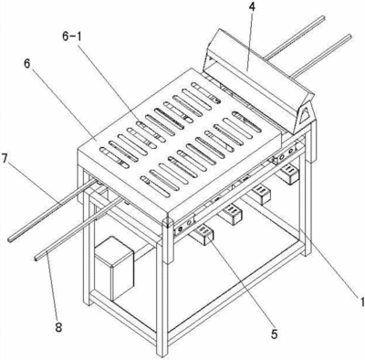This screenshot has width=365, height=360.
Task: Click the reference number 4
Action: point(251,8)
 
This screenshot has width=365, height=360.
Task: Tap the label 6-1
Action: point(73,37)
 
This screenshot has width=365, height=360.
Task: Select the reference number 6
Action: point(27,65)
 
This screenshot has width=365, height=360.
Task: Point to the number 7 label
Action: point(5,159)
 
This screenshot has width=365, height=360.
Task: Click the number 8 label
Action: point(58,327)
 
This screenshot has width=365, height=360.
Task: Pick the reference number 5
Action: point(275,334)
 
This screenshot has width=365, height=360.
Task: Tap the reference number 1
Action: point(361,302)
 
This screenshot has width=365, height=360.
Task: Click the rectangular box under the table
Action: point(114,269)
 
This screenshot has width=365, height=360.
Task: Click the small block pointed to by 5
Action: point(202,234)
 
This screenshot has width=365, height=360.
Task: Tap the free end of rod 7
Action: point(10,239)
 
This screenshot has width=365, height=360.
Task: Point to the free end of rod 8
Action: point(36,259)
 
